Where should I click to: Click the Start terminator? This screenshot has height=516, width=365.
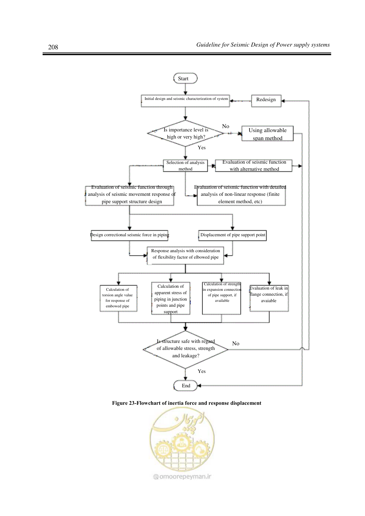click(185, 78)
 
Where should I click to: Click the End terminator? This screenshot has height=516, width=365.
click(185, 385)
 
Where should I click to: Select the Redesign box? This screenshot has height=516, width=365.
click(266, 101)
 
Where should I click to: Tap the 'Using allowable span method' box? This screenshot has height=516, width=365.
click(267, 133)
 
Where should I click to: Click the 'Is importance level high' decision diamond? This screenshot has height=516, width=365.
click(185, 133)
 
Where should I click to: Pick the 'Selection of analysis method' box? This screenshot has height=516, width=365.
click(185, 166)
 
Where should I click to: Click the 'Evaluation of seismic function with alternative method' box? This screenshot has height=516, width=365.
click(254, 166)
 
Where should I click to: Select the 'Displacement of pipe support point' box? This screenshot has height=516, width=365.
click(232, 235)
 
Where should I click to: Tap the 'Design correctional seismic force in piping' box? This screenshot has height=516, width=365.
click(130, 235)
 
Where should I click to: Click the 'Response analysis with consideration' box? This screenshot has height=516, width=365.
click(185, 256)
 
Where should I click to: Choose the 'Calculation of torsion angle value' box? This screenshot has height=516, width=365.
click(118, 298)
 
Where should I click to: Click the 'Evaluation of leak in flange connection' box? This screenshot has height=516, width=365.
click(269, 298)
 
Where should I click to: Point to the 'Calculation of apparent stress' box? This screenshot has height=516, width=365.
click(170, 298)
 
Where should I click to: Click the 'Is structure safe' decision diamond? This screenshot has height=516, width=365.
click(185, 349)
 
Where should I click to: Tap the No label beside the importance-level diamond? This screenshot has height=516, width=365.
click(226, 126)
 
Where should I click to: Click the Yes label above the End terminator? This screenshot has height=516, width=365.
click(202, 371)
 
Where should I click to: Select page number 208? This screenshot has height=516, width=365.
click(53, 47)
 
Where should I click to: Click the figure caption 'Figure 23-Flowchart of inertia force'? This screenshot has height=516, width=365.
click(187, 403)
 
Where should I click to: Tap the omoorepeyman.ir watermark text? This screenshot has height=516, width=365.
click(182, 476)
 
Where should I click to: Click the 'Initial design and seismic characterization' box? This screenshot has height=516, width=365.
click(185, 101)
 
